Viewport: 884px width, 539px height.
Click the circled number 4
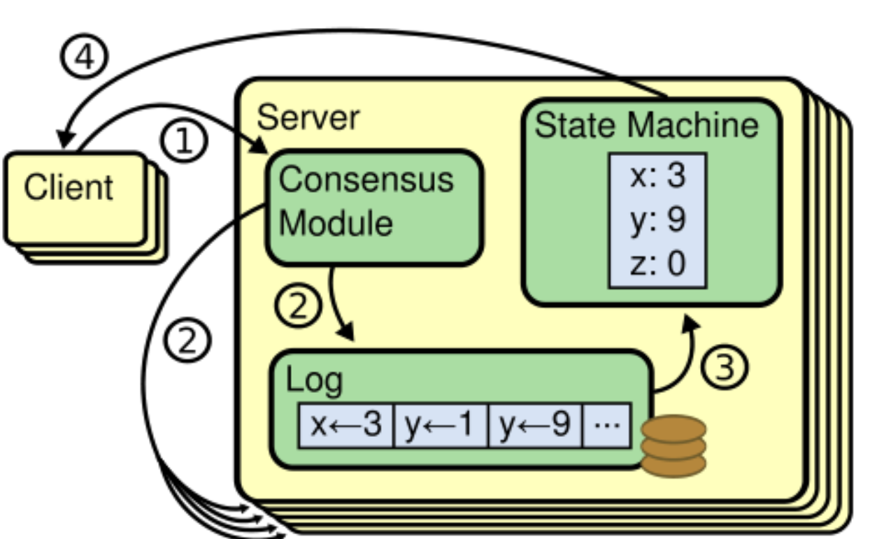click(x=84, y=56)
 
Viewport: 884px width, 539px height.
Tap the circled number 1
click(x=184, y=140)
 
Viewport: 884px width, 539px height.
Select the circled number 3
click(x=724, y=367)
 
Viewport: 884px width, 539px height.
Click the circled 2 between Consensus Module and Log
click(x=299, y=305)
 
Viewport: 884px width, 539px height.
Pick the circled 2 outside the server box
click(x=187, y=340)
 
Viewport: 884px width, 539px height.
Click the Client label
click(x=69, y=187)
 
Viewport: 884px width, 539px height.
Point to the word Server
click(x=308, y=117)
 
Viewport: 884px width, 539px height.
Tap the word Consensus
click(x=366, y=180)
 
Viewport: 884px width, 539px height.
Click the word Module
click(x=336, y=223)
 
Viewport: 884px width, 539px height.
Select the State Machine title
click(x=646, y=125)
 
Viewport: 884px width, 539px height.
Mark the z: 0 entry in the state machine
click(x=658, y=263)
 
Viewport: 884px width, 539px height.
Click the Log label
click(x=314, y=380)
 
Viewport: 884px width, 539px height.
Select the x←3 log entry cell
click(x=346, y=425)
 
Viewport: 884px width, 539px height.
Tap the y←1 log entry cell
click(x=441, y=425)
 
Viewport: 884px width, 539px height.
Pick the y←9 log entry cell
click(x=535, y=425)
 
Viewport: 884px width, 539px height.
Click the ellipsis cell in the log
click(x=606, y=425)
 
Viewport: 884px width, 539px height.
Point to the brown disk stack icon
click(x=673, y=446)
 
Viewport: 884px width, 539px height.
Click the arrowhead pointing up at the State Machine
click(x=690, y=323)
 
